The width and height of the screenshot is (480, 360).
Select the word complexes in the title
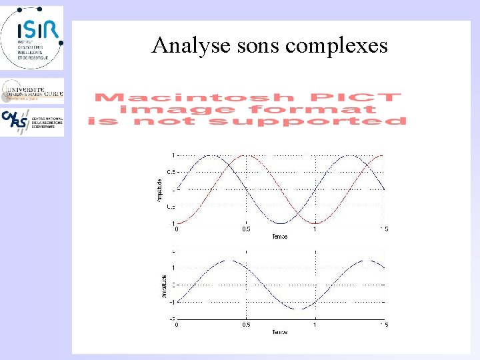tap(337, 45)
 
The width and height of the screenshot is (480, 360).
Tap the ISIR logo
tap(32, 37)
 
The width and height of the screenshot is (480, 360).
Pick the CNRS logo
tap(32, 122)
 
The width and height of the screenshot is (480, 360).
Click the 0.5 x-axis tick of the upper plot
tap(246, 229)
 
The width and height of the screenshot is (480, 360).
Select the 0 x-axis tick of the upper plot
tap(177, 229)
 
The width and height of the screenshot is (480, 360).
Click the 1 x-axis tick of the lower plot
tap(315, 325)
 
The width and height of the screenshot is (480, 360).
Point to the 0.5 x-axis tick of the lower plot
tap(246, 325)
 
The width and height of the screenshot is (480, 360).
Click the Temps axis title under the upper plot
tap(280, 237)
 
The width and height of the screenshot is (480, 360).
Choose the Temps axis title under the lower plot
tap(280, 332)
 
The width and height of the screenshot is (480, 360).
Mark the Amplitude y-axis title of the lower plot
tap(163, 285)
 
